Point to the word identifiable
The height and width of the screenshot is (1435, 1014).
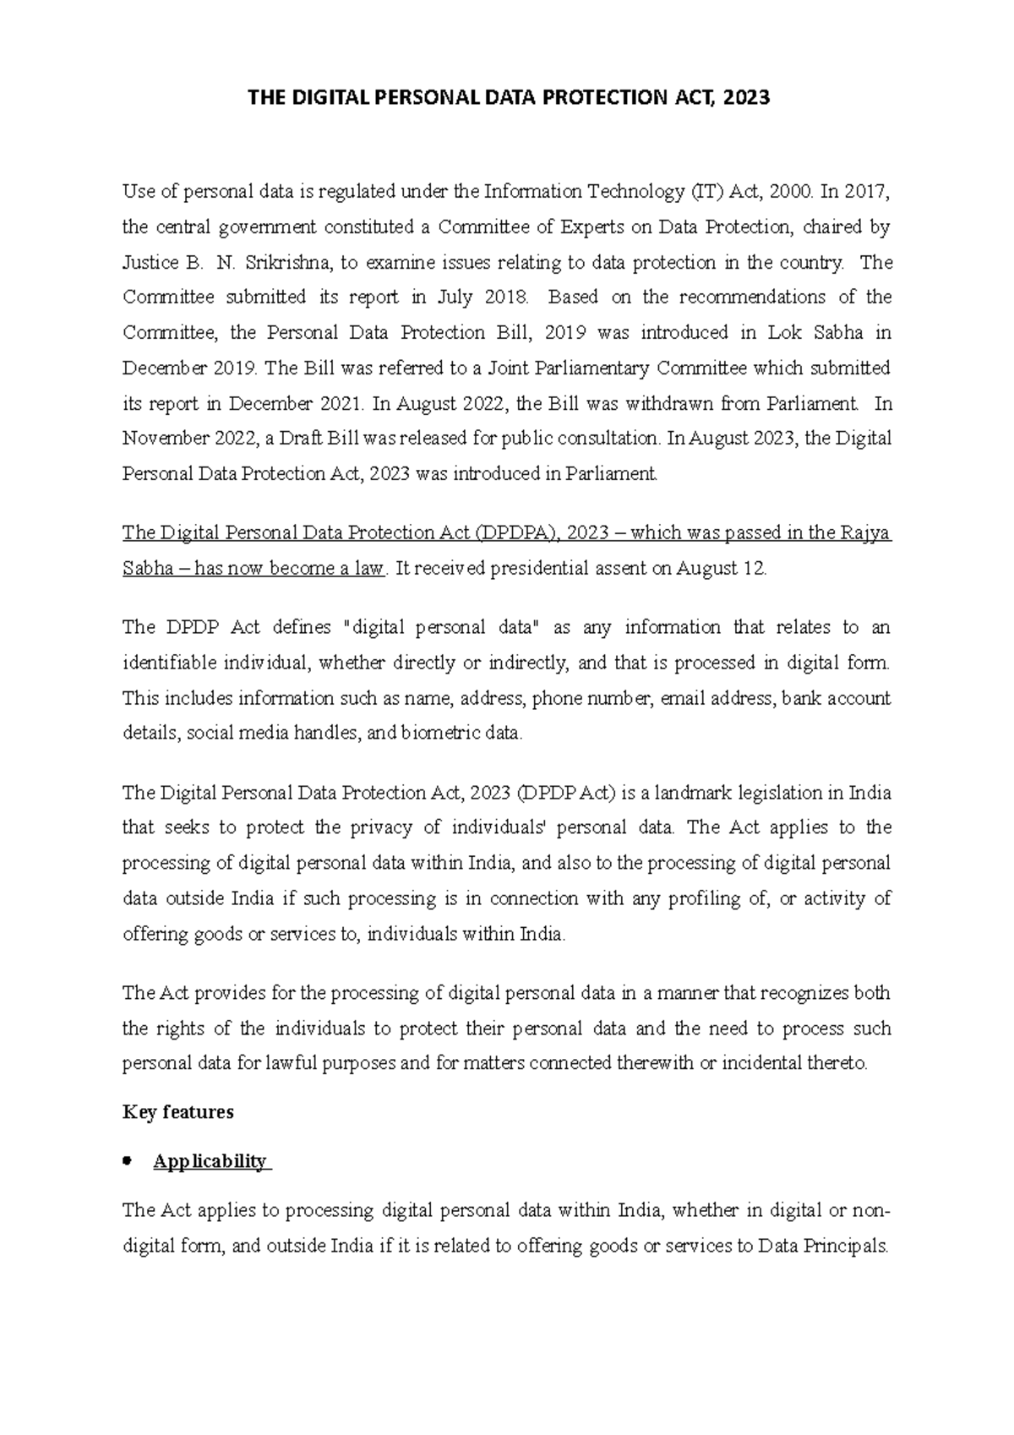click(170, 663)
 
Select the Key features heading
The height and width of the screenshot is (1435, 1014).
click(178, 1112)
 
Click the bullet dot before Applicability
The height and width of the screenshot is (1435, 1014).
click(128, 1161)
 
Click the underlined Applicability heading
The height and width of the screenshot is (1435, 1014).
click(210, 1161)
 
